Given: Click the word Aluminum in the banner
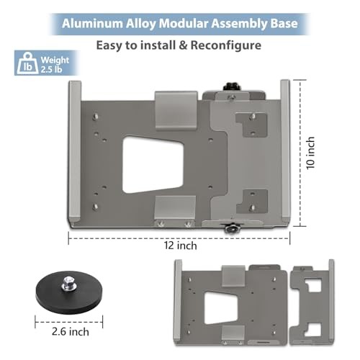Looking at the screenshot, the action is [92, 24].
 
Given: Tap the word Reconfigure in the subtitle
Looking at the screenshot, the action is [226, 45].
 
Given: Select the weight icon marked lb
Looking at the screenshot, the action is [27, 63].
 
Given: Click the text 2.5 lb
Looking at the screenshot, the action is [51, 70].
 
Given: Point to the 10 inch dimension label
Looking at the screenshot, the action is [310, 153].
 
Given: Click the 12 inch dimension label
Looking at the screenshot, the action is [181, 246].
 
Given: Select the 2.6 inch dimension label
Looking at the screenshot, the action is [71, 332].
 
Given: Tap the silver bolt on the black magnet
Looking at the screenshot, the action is [68, 283].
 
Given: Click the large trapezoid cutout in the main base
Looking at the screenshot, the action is [153, 165].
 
